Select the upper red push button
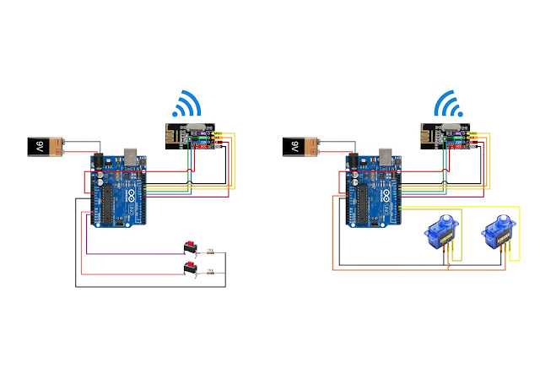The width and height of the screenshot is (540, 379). (191, 247)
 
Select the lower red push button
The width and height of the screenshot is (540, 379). (191, 268)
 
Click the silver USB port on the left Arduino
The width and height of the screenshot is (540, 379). (132, 158)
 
